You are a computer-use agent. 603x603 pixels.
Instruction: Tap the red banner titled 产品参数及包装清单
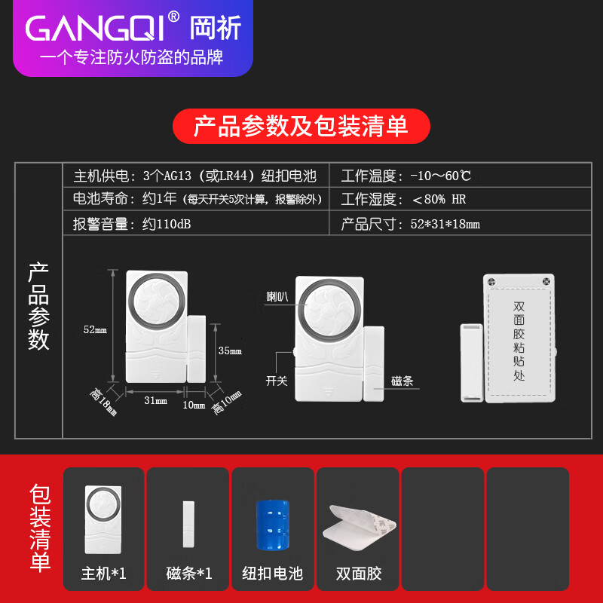click(x=301, y=126)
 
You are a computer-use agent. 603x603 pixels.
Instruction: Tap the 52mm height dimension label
click(x=95, y=329)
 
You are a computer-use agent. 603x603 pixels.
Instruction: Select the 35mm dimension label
click(x=231, y=350)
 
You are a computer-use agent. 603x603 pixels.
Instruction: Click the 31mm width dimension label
click(x=155, y=400)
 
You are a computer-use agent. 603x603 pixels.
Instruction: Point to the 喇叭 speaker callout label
click(x=277, y=296)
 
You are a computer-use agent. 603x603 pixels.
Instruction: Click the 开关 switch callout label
click(x=277, y=381)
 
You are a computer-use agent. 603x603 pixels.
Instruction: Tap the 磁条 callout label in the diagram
click(x=403, y=381)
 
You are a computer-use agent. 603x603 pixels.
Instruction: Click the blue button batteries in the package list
click(x=272, y=525)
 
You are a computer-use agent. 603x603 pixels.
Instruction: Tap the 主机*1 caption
click(x=103, y=574)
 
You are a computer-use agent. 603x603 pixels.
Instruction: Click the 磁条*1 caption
click(x=188, y=574)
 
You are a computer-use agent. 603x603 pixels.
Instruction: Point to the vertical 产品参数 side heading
click(x=38, y=306)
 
